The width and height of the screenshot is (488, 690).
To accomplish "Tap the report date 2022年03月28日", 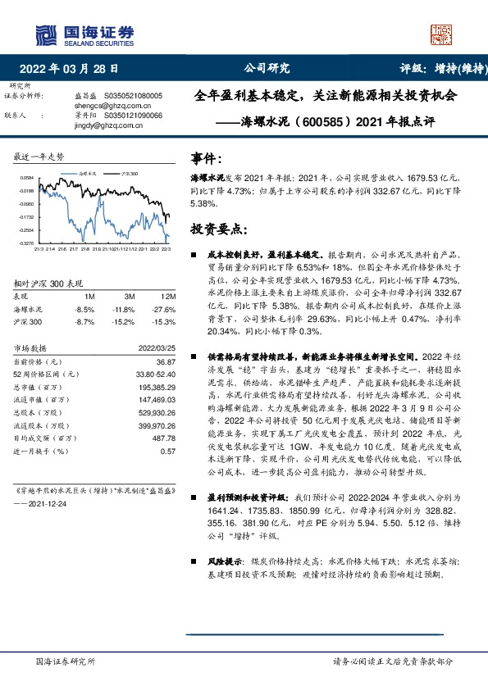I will pos(74,69).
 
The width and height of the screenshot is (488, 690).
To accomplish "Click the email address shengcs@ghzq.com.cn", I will pos(98,106).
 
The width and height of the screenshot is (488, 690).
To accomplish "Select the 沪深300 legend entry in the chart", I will pos(128,175).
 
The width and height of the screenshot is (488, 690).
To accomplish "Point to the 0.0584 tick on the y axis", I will pos(27,178).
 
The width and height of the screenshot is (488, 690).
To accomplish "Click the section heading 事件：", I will pos(205,157).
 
